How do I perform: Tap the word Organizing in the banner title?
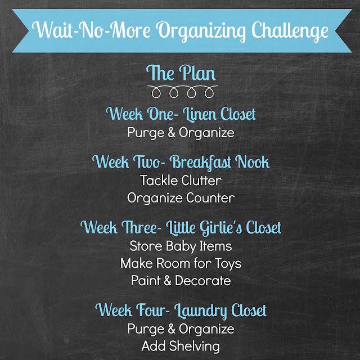(x=201, y=31)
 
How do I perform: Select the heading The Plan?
(x=181, y=73)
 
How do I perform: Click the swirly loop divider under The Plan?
(x=182, y=91)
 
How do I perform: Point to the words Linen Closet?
(x=219, y=114)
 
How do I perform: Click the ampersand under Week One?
(x=171, y=133)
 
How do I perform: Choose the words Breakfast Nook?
(x=220, y=163)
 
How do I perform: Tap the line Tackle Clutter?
(x=181, y=181)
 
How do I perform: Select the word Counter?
(x=210, y=198)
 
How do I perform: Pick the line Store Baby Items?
(x=181, y=246)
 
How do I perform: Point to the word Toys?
(x=228, y=263)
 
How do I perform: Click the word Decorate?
(x=202, y=281)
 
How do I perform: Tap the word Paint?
(x=146, y=281)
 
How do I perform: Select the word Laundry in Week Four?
(x=201, y=311)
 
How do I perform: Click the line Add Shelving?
(x=181, y=346)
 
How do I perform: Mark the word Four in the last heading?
(x=153, y=310)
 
